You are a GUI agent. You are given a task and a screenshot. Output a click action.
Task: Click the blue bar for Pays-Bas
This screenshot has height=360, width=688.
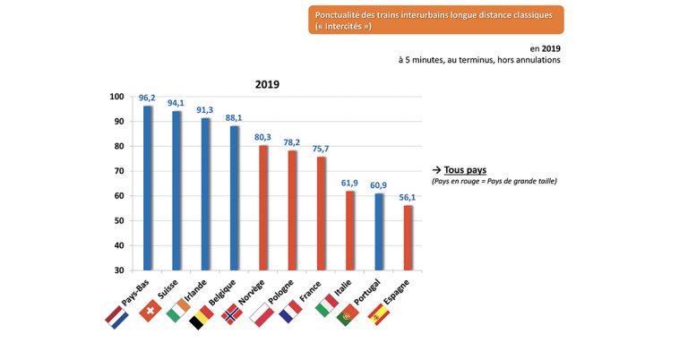(x=148, y=188)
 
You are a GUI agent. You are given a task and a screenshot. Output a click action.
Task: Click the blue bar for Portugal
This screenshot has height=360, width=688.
(x=379, y=232)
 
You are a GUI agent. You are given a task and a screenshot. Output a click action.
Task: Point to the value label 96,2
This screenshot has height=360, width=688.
(x=148, y=99)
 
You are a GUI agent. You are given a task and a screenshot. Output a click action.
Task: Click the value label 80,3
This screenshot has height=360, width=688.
(x=263, y=137)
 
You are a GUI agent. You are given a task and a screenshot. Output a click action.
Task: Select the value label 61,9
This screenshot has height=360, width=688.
(x=349, y=183)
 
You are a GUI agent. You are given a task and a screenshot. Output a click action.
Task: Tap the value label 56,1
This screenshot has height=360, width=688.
(x=408, y=197)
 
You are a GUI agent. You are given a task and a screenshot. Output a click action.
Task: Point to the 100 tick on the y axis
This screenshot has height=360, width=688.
(x=116, y=97)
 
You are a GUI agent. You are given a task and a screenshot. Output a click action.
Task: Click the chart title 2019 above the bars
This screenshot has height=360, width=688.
(x=265, y=84)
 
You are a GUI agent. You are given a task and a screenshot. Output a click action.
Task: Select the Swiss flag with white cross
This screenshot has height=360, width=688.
(x=149, y=311)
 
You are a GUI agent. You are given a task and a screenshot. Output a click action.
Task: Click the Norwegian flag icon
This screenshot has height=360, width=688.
(x=231, y=313)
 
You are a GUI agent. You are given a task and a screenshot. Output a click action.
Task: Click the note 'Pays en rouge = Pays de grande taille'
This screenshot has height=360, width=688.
(x=494, y=181)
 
